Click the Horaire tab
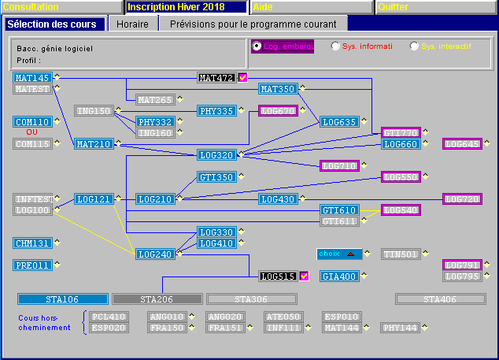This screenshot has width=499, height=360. click(132, 24)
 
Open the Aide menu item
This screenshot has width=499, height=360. click(311, 7)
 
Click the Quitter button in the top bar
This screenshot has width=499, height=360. click(435, 7)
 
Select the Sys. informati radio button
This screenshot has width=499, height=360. click(336, 46)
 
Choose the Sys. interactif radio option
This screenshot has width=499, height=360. click(415, 46)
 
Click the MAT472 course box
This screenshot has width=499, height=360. click(216, 78)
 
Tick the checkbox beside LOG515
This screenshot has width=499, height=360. click(304, 276)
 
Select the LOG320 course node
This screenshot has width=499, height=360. click(216, 155)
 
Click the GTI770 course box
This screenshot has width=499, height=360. click(401, 133)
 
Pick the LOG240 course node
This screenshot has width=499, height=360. click(155, 254)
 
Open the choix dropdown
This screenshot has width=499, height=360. click(341, 254)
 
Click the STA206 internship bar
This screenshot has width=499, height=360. click(157, 299)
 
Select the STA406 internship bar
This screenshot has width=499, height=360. click(440, 299)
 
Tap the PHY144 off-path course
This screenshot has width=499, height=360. click(401, 328)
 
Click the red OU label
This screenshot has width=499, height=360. click(32, 132)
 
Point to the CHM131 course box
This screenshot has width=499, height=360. click(32, 243)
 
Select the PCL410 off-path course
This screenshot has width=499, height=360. click(108, 317)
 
